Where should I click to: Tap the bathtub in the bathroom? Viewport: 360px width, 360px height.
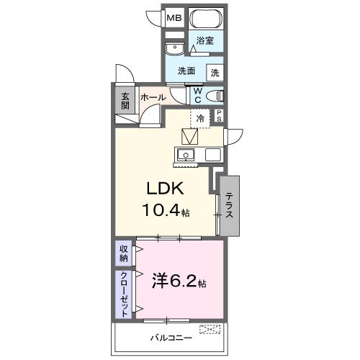206,19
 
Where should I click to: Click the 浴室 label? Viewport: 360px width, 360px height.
205,42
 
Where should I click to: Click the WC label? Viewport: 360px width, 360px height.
196,96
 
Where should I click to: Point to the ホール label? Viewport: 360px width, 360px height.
153,97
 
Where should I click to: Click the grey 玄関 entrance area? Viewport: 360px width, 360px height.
125,100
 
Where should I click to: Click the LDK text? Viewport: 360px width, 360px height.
166,189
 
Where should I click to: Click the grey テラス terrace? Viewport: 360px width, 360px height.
229,205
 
